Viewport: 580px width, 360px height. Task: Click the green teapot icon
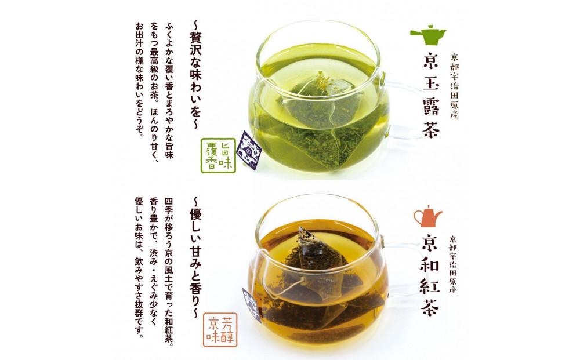coord(428,35)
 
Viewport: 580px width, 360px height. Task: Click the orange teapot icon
coord(428,216)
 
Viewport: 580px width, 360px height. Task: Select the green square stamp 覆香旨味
coord(218,155)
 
